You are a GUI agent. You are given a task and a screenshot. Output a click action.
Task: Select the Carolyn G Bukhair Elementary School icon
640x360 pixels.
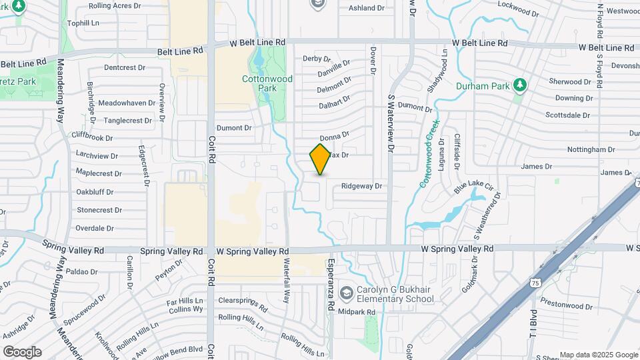[346, 293]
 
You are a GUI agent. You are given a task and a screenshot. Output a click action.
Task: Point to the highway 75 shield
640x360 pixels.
[535, 283]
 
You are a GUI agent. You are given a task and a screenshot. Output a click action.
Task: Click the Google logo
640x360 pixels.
[22, 351]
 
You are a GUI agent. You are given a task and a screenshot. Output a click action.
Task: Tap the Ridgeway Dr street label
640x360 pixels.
[361, 187]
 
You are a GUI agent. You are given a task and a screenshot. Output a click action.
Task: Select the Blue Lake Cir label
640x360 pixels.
[473, 186]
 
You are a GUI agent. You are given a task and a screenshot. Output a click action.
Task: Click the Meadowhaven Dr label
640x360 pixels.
[127, 103]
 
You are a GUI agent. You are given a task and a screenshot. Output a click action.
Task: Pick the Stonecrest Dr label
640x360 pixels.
[99, 210]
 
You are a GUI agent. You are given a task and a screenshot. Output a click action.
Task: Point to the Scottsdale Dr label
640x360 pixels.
[568, 115]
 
